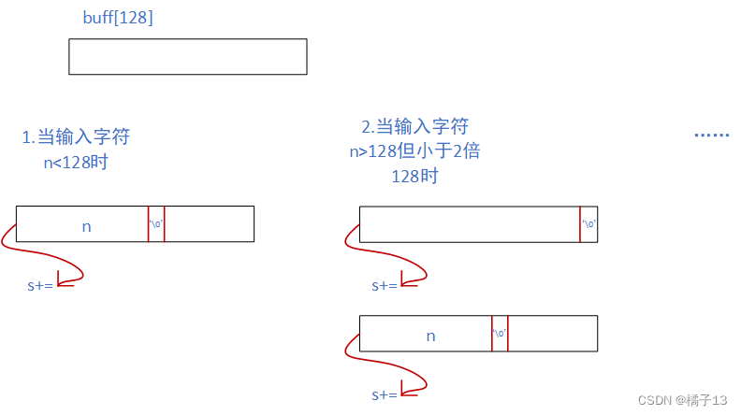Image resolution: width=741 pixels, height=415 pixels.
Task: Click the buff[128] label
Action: [118, 17]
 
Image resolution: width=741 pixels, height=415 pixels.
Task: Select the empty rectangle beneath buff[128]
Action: [187, 56]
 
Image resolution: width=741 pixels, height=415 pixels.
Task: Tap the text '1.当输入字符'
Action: [76, 137]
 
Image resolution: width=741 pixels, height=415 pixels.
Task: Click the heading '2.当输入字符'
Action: [414, 127]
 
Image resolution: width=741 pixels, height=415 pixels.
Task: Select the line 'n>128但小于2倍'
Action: [414, 150]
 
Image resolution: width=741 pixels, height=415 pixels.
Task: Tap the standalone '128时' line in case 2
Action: [414, 175]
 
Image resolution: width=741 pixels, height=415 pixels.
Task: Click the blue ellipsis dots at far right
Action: [711, 136]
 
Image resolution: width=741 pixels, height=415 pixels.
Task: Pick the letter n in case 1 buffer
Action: [86, 225]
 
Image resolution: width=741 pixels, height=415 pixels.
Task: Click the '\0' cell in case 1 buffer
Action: [156, 224]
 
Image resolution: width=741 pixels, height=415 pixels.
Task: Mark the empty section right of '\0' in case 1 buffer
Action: [209, 224]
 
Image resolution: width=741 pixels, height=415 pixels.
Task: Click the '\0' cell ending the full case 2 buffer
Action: [588, 224]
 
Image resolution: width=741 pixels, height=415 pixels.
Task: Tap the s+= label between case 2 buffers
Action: [385, 285]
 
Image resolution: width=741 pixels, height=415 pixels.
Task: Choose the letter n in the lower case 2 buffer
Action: [430, 335]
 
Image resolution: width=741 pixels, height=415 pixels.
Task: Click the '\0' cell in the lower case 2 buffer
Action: [500, 334]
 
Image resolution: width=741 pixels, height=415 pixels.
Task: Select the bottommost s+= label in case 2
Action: [385, 394]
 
